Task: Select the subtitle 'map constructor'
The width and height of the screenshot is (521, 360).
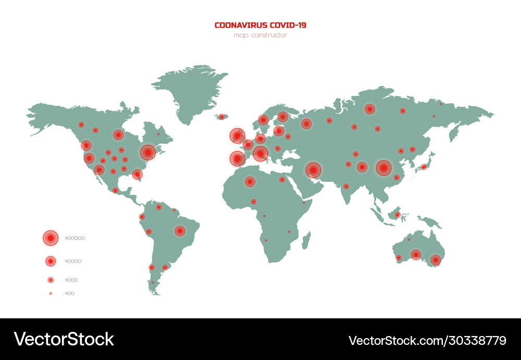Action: coord(260,35)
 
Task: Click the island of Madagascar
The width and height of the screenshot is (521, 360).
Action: coord(306,241)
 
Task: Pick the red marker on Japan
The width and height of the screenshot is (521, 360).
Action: coord(424,167)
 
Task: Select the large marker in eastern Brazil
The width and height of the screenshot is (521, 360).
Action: coord(180,230)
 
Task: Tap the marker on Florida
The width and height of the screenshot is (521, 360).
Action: coord(137,174)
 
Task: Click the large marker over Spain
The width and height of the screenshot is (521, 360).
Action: coord(237,158)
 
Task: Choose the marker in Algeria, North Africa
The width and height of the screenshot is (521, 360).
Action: coord(250,181)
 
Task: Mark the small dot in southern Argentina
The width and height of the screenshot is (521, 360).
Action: coord(153,283)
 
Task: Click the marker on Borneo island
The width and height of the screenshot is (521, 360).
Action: coord(397,215)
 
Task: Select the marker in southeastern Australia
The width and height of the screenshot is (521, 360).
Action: coord(436,259)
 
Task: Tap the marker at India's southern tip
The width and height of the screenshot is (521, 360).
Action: coord(345,186)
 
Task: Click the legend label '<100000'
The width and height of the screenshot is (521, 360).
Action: coord(75,238)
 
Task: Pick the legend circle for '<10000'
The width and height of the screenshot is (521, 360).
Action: coord(51,260)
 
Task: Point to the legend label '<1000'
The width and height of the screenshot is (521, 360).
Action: coord(71,280)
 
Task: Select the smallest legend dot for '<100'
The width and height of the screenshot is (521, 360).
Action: coord(51,293)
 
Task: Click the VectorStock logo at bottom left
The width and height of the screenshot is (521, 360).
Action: coord(64,340)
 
